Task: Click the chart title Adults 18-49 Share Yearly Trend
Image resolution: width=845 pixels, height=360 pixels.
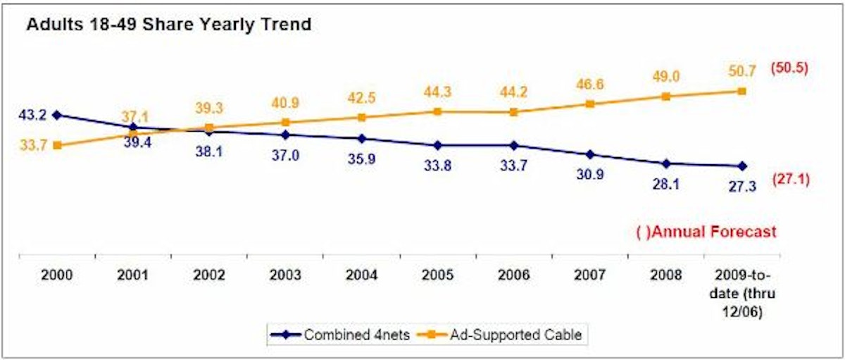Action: (x=168, y=25)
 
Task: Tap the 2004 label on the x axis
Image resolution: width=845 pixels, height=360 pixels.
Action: (x=361, y=275)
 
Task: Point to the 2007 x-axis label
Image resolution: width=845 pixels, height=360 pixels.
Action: (x=589, y=275)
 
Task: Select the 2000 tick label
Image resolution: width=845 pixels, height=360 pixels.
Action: (x=56, y=275)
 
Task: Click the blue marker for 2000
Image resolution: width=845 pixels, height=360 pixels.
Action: (x=56, y=115)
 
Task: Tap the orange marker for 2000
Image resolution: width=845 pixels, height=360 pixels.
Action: (x=56, y=145)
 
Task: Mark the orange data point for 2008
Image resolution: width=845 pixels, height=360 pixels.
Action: (x=665, y=96)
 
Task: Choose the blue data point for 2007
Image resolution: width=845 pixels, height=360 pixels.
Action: (x=589, y=154)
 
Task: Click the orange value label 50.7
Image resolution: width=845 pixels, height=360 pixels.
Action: (x=741, y=70)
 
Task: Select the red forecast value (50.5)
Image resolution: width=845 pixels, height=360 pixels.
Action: (x=788, y=68)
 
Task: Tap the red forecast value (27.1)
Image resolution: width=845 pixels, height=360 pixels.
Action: (x=789, y=179)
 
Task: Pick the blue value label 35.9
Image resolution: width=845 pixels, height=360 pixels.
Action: (x=361, y=159)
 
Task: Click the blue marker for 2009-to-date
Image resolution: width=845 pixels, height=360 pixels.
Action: (x=741, y=166)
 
